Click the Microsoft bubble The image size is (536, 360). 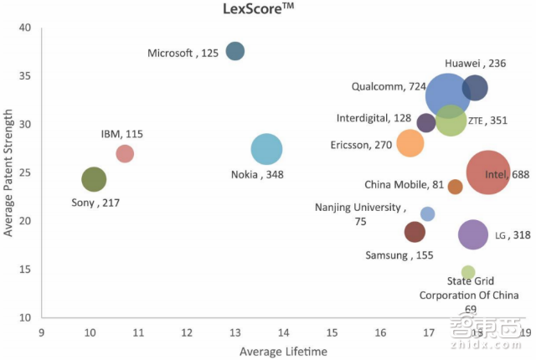click(235, 51)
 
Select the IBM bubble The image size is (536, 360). click(125, 153)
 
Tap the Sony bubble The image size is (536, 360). click(95, 179)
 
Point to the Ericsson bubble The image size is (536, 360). click(410, 143)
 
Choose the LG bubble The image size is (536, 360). click(473, 234)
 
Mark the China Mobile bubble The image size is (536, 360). click(455, 187)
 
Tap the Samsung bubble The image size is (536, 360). click(415, 232)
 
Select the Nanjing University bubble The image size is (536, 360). click(428, 214)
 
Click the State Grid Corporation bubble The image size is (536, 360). click(468, 272)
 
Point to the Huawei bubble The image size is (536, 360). click(475, 87)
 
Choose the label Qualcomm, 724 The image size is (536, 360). click(389, 86)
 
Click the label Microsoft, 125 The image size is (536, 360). click(183, 53)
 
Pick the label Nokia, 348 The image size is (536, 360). click(264, 175)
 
